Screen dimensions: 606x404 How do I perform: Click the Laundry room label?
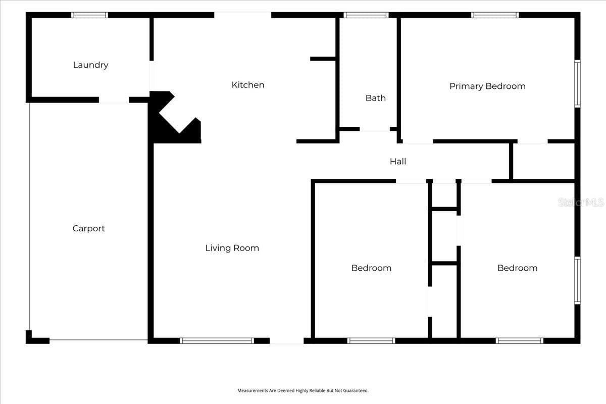pos(90,65)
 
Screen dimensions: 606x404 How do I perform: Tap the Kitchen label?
pos(248,85)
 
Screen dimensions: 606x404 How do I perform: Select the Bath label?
pos(376,98)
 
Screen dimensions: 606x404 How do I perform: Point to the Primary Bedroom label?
pos(487,86)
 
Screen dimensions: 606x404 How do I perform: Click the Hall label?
pos(398,161)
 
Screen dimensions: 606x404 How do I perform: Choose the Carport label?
pos(89,228)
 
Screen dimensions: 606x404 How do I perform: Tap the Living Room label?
pos(232,248)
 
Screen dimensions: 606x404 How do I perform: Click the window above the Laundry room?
pos(89,15)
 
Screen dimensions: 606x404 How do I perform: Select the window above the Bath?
pos(366,15)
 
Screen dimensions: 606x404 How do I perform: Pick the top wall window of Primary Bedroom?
pos(495,15)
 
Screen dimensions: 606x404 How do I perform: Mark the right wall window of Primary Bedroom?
pos(577,84)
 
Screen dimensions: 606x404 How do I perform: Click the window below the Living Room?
pos(217,341)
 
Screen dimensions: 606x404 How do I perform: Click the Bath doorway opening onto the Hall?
pos(375,129)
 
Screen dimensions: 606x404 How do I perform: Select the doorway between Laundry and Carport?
pos(114,100)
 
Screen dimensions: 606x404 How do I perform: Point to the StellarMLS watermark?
pos(581,202)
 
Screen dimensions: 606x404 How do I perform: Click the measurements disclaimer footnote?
pos(302,390)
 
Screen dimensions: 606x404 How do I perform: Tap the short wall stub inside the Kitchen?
pos(323,59)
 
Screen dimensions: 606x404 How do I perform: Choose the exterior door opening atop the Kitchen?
pos(243,15)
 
